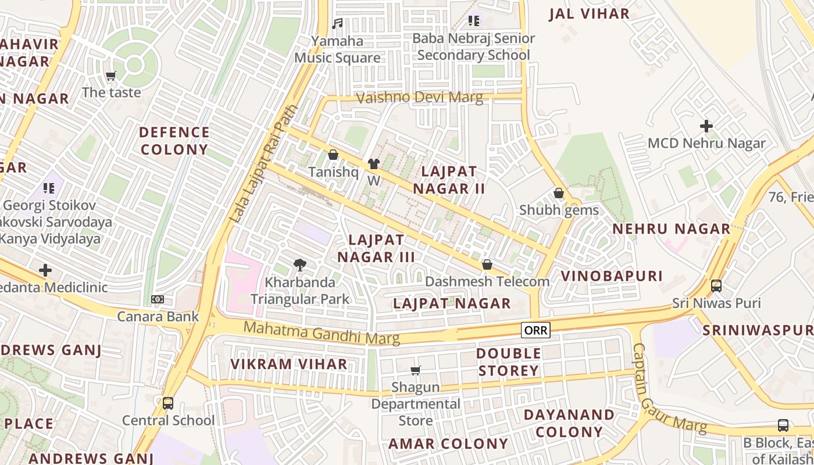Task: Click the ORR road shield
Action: point(535,331)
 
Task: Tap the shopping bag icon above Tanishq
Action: point(333,155)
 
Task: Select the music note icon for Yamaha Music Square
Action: point(337,24)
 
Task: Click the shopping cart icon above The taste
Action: point(111,76)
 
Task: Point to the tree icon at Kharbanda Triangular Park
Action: point(300,265)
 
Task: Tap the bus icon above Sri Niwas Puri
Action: point(716,286)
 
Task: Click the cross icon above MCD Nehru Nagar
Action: point(706,126)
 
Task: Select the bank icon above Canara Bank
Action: point(158,299)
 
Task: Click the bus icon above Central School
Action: point(168,403)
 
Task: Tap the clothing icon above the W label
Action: point(373,164)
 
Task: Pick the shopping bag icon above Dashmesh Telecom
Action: point(487,265)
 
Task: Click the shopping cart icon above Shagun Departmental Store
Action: point(416,370)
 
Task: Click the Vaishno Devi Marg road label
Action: point(419,98)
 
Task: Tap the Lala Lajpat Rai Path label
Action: point(263,164)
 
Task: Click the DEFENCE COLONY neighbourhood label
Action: point(174,141)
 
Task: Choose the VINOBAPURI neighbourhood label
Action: point(612,276)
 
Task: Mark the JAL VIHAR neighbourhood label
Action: point(589,14)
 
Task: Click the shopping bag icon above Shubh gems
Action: point(559,193)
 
